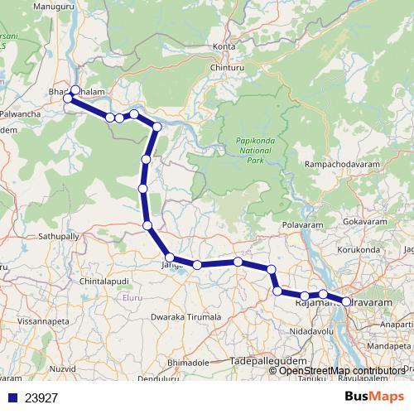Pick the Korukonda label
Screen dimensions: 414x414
pos(361,248)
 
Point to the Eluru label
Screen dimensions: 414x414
pos(132,296)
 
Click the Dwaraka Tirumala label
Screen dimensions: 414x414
pos(185,317)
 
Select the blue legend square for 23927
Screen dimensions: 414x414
pos(12,397)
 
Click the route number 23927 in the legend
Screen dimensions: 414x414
pos(41,397)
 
